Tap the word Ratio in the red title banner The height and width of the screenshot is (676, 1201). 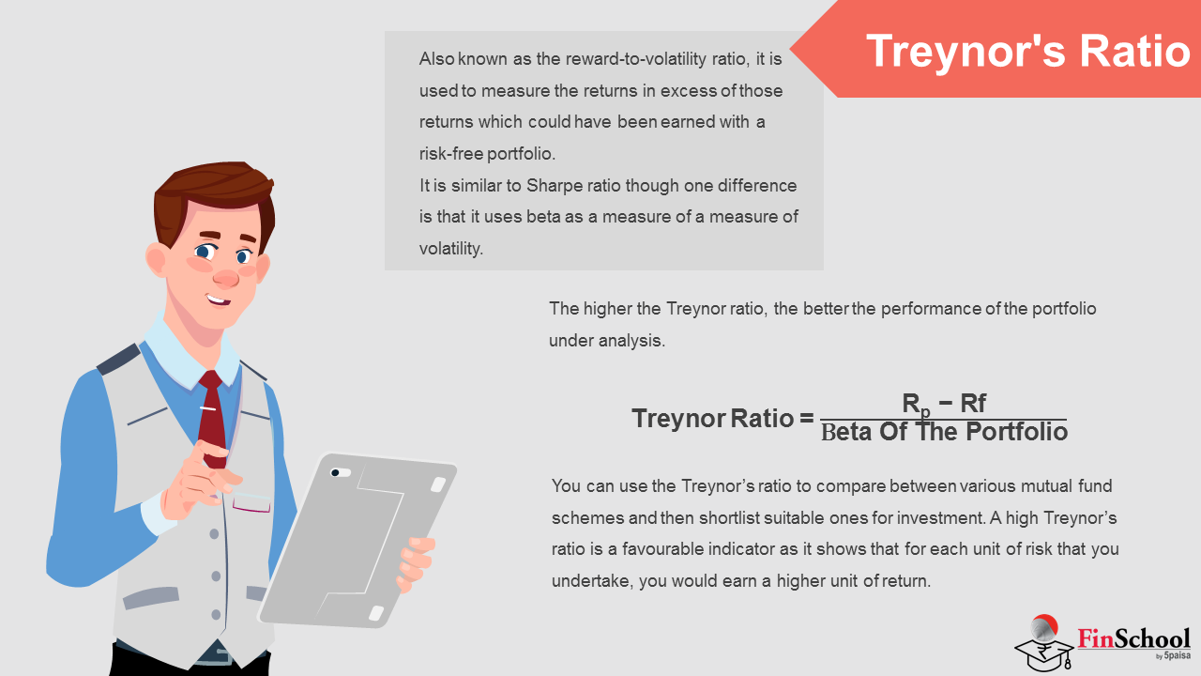1135,51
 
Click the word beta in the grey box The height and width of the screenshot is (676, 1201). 543,217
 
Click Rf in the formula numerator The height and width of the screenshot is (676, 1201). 973,403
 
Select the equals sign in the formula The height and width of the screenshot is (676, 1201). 806,418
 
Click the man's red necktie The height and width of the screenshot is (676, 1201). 213,419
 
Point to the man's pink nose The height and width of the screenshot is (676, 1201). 226,277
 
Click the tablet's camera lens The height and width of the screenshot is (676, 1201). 336,472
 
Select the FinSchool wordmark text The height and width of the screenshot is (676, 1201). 1133,639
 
